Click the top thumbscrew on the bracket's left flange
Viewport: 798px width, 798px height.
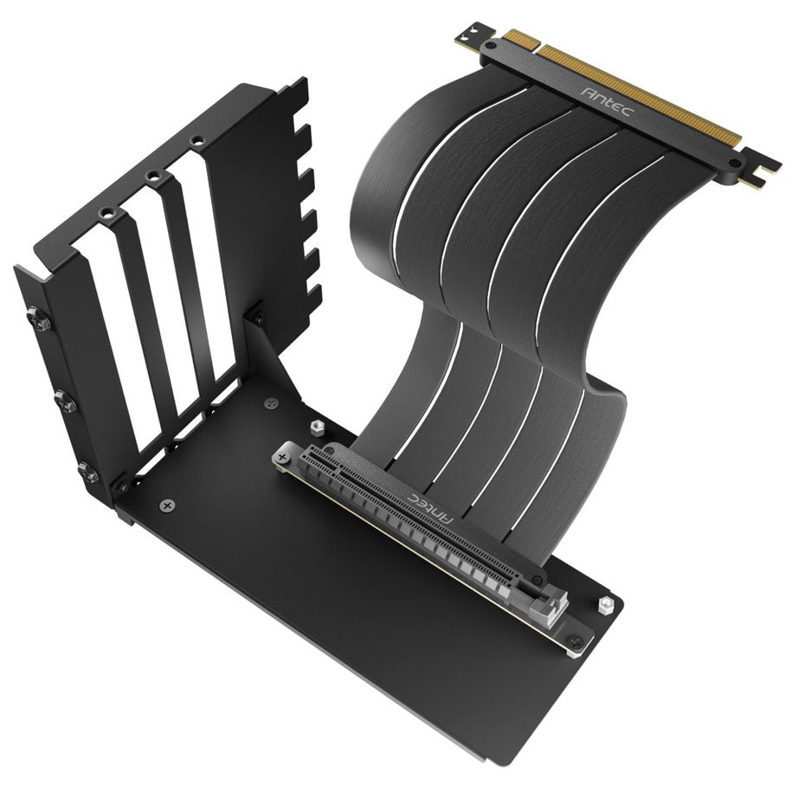point(38,321)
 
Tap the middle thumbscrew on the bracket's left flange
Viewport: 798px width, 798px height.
point(63,401)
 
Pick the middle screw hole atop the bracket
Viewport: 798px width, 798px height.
point(154,176)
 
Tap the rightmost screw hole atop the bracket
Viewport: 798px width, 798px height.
point(197,140)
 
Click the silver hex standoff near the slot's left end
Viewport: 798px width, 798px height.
point(316,427)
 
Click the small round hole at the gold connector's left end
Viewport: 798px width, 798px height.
point(492,42)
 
